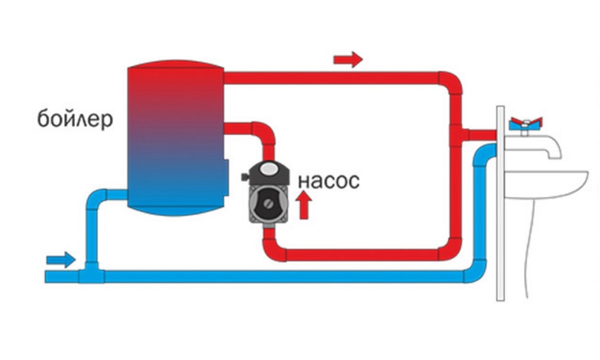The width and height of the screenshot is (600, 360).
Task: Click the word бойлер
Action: [74, 119]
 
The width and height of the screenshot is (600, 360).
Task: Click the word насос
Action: [328, 180]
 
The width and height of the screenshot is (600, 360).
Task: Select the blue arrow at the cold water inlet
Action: [61, 259]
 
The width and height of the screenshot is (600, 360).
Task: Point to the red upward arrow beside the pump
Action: [305, 204]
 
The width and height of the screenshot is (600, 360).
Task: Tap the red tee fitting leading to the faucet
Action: [458, 133]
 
